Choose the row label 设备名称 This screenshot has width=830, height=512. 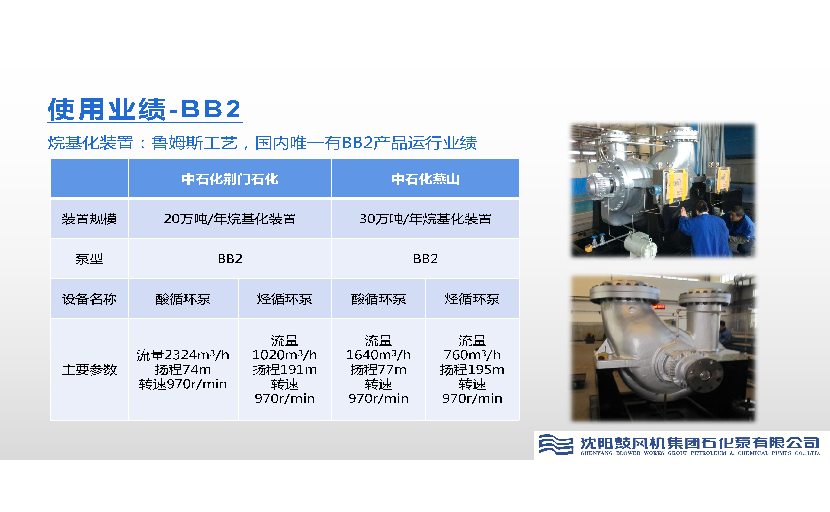pyautogui.click(x=89, y=299)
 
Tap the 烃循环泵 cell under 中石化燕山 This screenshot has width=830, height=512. pyautogui.click(x=472, y=299)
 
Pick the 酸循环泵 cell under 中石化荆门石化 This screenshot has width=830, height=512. pyautogui.click(x=183, y=299)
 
